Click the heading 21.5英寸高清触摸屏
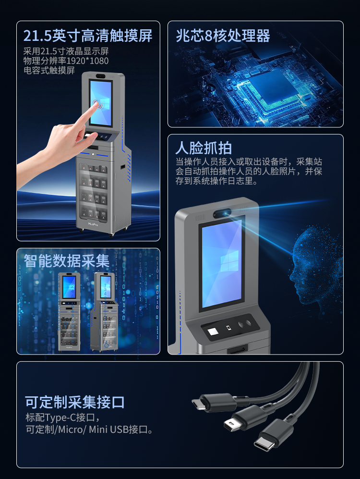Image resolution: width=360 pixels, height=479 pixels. [88, 35]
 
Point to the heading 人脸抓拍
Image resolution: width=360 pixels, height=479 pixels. [204, 147]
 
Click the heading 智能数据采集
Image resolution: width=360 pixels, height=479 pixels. [67, 261]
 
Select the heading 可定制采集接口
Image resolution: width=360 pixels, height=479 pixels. [75, 402]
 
